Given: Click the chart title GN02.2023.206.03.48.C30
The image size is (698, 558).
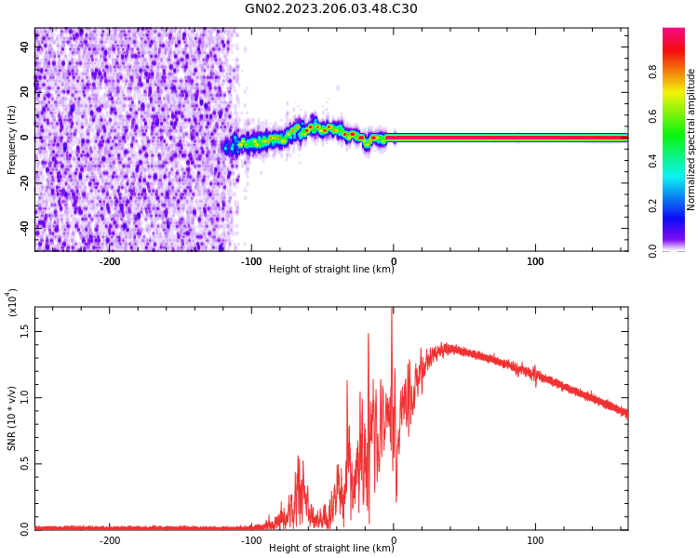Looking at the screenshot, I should point(331,9).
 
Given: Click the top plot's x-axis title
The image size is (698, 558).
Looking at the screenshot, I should point(331,270).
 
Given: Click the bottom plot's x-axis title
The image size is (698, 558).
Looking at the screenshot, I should point(331,548).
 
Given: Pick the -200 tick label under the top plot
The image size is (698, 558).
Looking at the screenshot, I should point(110,261).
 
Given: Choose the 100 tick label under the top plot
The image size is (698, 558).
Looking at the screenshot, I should point(535,261).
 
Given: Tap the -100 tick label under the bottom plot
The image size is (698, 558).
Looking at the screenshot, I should point(251,539).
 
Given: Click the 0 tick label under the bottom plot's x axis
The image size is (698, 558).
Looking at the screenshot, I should point(393,539).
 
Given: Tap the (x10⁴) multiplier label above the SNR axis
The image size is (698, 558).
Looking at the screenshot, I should point(12,302).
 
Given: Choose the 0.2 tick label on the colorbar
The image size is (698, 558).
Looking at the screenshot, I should point(678,206).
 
